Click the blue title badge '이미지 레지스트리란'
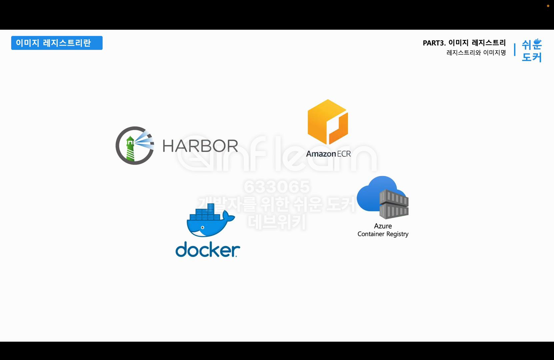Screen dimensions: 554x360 (57, 43)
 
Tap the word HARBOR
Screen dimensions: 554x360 (200, 146)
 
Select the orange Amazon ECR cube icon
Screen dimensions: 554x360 (328, 122)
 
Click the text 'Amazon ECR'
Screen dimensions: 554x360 (328, 154)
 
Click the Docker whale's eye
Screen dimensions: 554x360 (202, 228)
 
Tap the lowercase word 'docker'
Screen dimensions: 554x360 (207, 249)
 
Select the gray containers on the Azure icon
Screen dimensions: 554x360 (394, 204)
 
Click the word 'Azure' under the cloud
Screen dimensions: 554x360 (383, 226)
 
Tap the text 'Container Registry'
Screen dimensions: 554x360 (383, 234)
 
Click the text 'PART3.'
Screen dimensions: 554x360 (434, 43)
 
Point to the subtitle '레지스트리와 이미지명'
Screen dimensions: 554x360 (476, 52)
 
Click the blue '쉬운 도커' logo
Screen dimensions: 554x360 (532, 50)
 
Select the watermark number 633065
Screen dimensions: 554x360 (277, 187)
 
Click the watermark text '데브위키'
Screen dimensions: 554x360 (277, 222)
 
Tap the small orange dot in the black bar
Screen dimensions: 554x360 (548, 6)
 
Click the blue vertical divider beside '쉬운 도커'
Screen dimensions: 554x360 (515, 49)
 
